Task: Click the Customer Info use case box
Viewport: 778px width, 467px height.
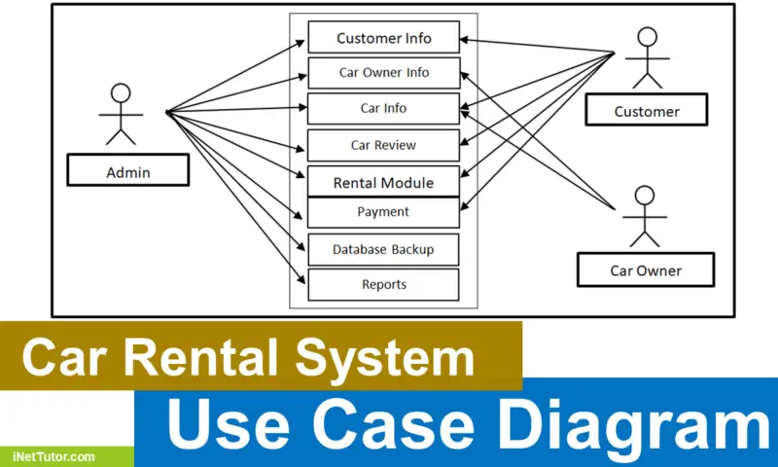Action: (383, 38)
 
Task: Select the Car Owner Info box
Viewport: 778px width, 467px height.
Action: (383, 73)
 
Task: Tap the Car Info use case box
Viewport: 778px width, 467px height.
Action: (383, 108)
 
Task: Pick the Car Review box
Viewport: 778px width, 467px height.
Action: (383, 145)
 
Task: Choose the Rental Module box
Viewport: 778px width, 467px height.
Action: (383, 182)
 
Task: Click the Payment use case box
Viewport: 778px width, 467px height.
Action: (383, 212)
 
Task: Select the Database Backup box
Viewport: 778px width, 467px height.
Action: (383, 249)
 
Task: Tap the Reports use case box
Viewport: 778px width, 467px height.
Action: (383, 284)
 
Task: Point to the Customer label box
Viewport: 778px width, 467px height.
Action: (647, 111)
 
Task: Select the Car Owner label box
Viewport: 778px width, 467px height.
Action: (646, 269)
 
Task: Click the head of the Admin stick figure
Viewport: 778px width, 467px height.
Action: (120, 94)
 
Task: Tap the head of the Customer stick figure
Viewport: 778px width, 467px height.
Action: (647, 38)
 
